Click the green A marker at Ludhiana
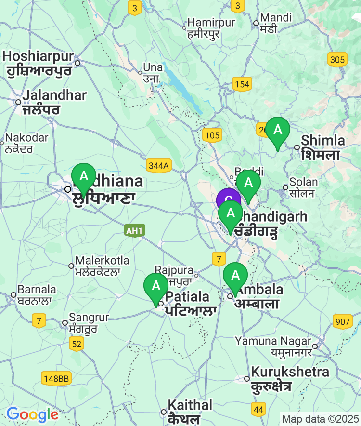pos(84,176)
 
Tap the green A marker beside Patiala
pos(156,286)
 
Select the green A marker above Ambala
pos(235,275)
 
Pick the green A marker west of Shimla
pos(278,130)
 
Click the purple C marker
pos(228,200)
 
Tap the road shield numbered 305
pos(337,60)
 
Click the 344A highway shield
pos(159,166)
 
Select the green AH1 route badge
pos(134,231)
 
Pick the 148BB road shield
pos(56,379)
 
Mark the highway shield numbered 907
pos(342,321)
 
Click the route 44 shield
pos(258,410)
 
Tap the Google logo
pos(32,414)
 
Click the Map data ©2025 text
pos(320,419)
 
